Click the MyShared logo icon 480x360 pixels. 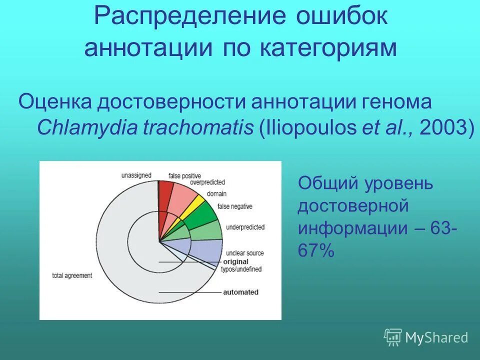392,337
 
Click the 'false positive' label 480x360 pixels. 184,175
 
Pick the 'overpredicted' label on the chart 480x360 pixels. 207,182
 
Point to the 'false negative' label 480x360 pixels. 234,206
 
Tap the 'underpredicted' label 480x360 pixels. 245,227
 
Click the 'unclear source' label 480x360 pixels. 244,253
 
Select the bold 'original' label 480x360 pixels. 235,261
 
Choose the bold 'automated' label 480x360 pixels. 240,292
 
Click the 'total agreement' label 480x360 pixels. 72,275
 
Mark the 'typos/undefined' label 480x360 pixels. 241,269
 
